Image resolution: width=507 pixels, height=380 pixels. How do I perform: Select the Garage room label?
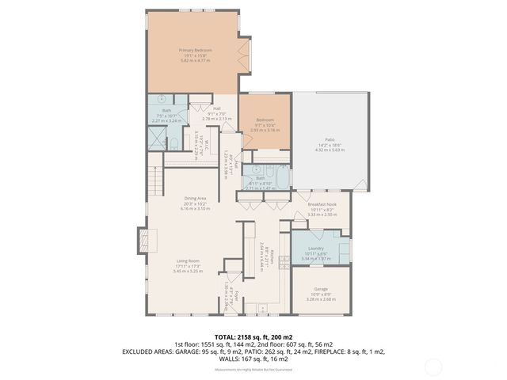tap(321, 289)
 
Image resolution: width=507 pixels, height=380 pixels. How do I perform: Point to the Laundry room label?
tap(316, 249)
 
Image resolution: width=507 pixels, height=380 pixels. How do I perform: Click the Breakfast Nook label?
tap(321, 204)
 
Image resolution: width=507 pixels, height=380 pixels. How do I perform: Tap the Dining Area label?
tap(194, 199)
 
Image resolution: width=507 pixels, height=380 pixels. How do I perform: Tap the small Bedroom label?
tap(264, 120)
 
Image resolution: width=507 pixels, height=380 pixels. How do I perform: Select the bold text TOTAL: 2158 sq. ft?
tap(253, 337)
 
